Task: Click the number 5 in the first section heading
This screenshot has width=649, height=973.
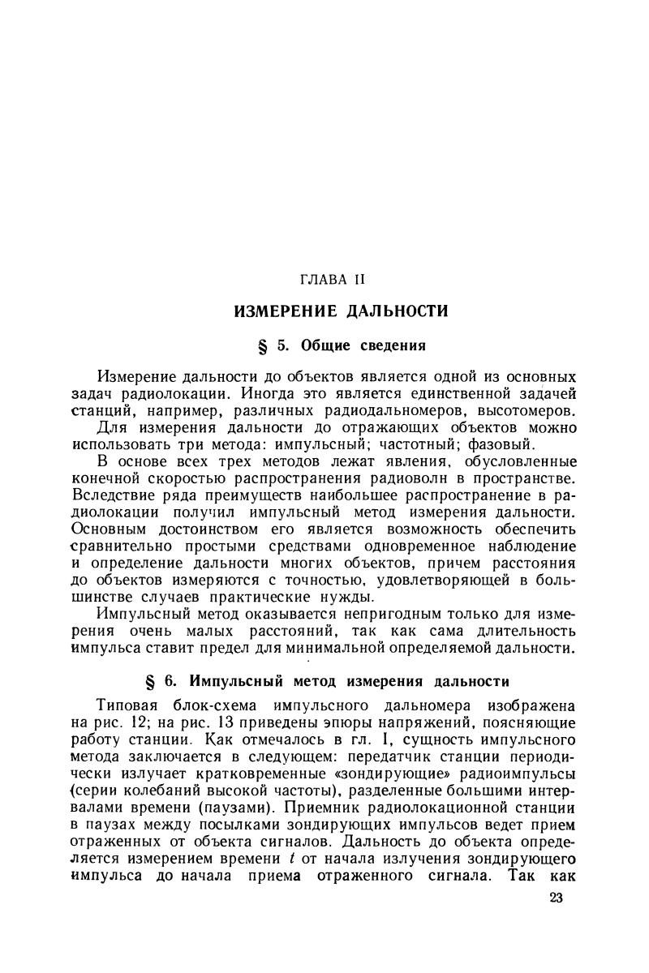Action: click(x=282, y=345)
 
